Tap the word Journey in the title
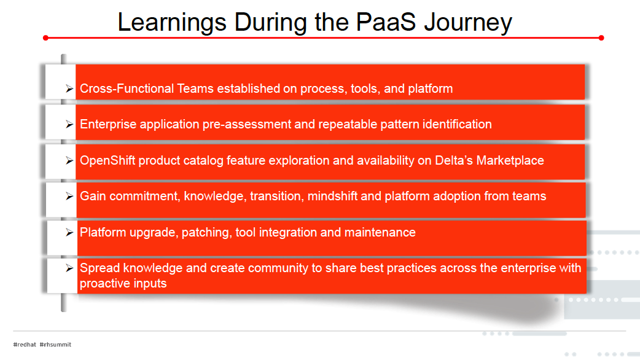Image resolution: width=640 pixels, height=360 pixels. tap(468, 23)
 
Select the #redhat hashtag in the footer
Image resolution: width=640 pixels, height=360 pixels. tap(25, 345)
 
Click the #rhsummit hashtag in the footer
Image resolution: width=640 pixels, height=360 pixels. tap(55, 345)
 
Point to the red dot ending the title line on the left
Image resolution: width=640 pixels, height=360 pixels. tap(45, 38)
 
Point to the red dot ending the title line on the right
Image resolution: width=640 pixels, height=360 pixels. tap(601, 38)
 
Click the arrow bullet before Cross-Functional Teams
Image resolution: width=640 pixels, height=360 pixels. tap(69, 88)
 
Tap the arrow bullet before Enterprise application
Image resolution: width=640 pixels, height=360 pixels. tap(69, 124)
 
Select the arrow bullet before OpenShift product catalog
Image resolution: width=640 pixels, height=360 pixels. tap(69, 160)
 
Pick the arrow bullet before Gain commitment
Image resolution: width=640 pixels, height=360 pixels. tap(69, 197)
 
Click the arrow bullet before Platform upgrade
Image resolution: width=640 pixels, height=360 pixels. tap(69, 232)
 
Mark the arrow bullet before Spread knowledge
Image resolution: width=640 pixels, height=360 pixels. tap(69, 268)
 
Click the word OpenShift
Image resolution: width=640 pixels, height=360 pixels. tap(107, 160)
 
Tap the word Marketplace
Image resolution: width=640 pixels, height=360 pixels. tap(510, 160)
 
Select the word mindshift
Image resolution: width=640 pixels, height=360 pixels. tap(332, 196)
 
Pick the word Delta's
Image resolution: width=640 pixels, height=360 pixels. tap(454, 160)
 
